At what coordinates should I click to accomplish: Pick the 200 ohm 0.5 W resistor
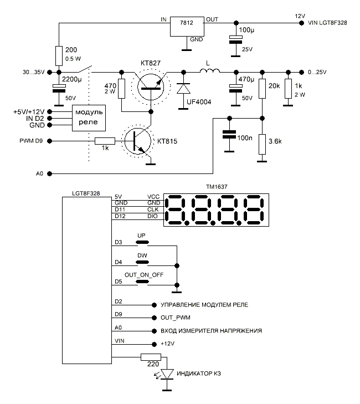[x=58, y=56]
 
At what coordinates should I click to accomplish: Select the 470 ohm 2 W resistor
[x=121, y=91]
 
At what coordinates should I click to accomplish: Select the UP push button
[x=142, y=242]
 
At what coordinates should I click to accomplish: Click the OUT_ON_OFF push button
[x=142, y=282]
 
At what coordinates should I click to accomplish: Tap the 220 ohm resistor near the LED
[x=150, y=357]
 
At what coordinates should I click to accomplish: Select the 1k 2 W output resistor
[x=287, y=90]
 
